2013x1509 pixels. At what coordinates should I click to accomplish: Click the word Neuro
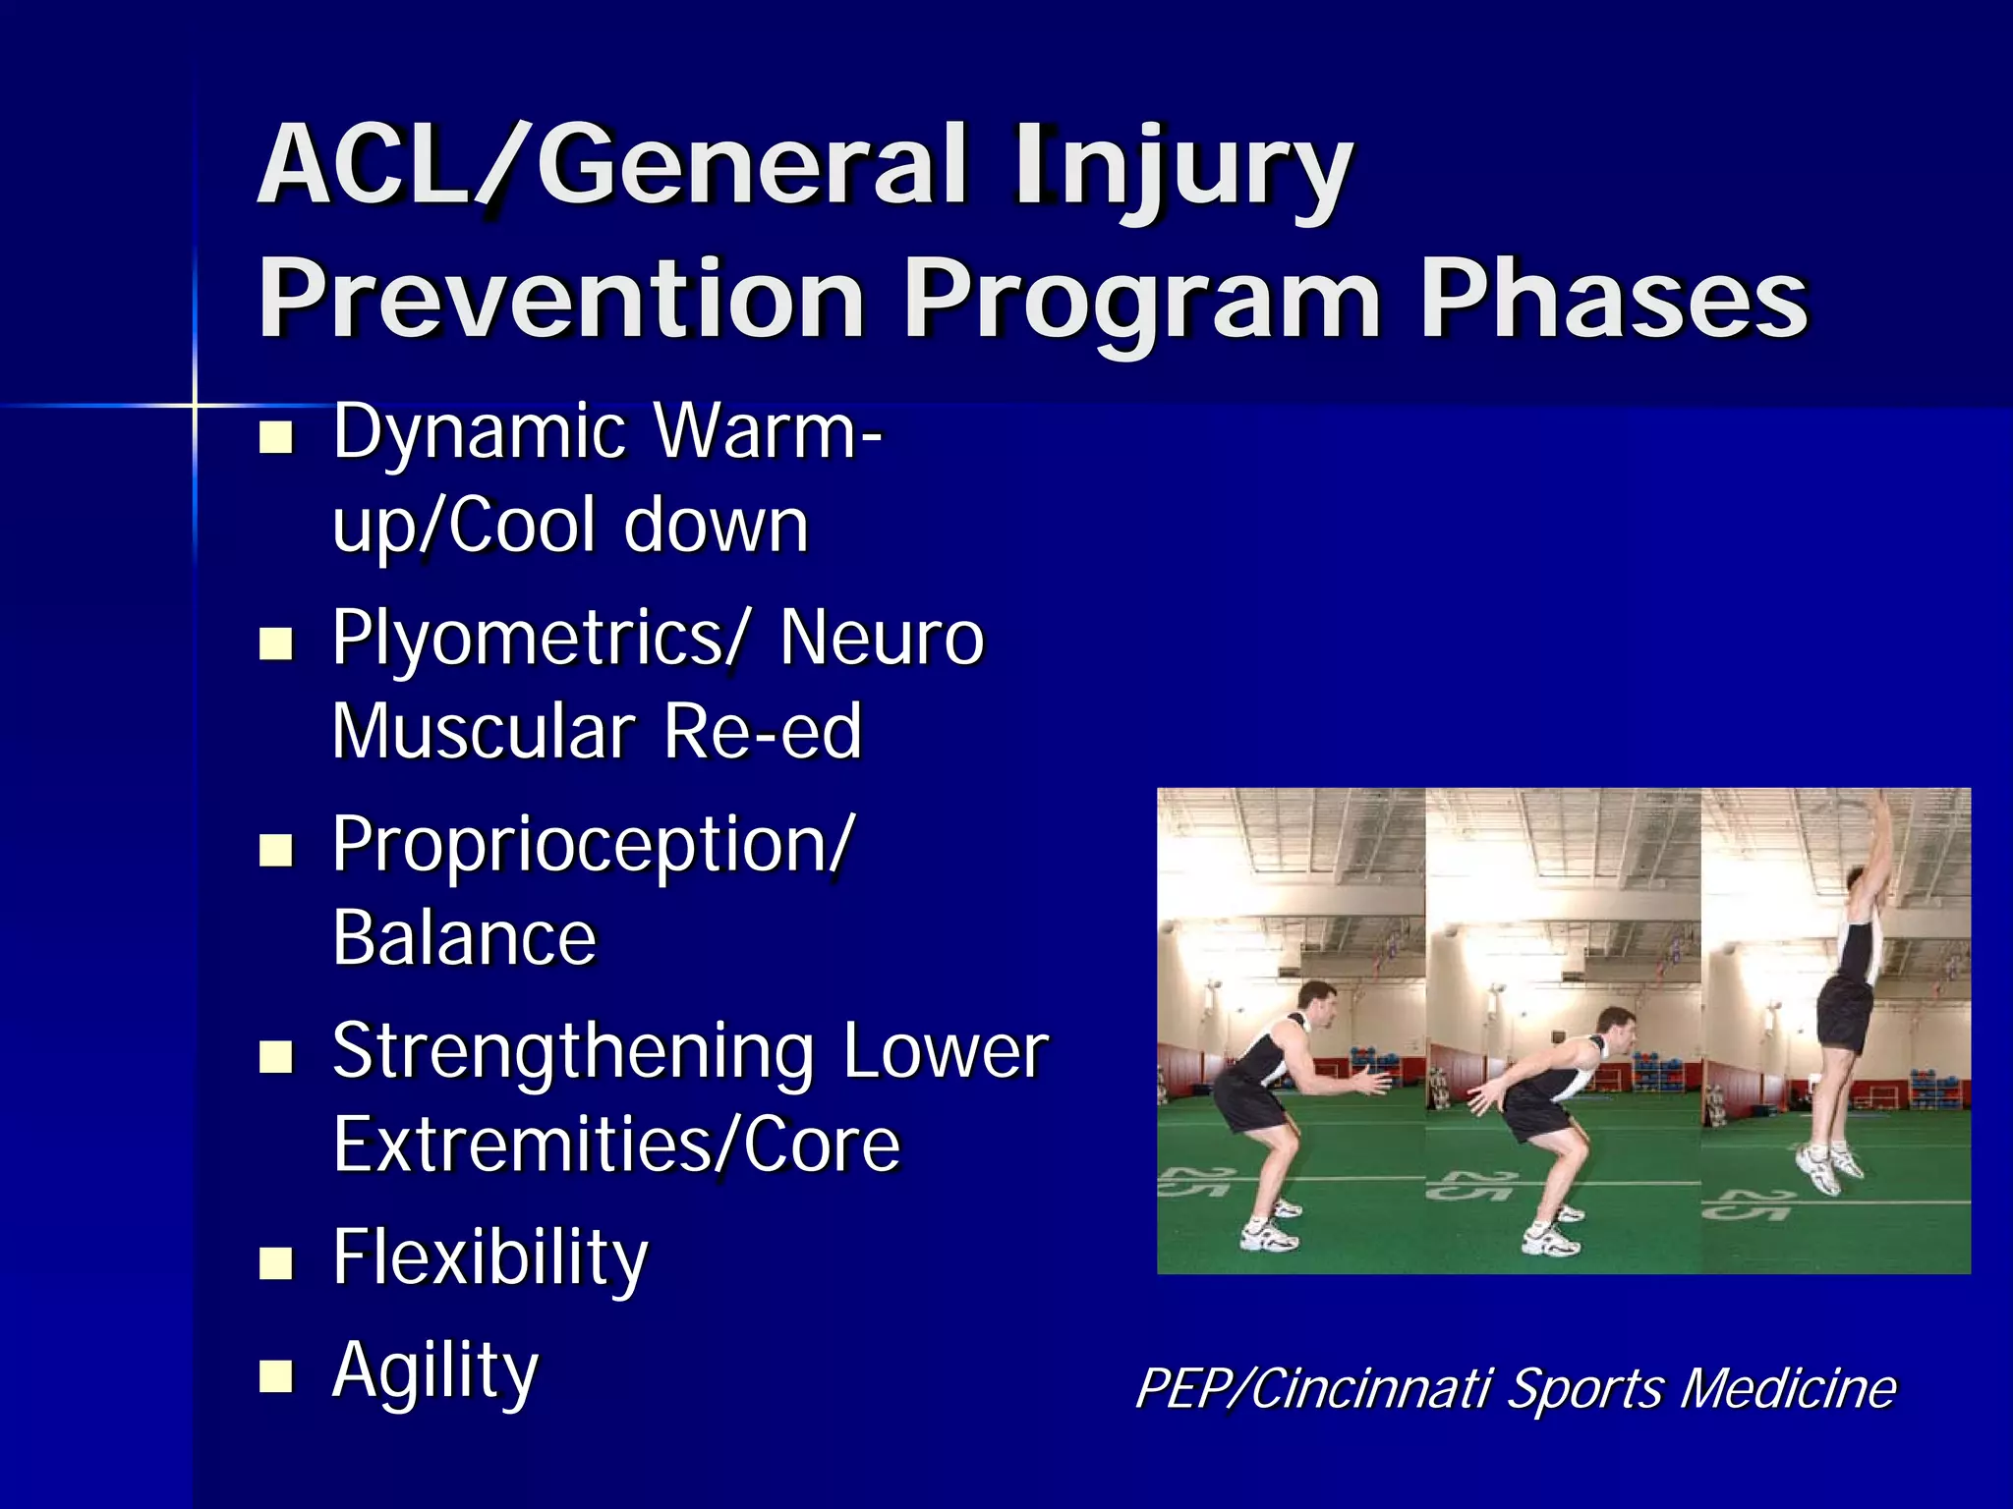pyautogui.click(x=882, y=639)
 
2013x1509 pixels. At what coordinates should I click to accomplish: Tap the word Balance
pyautogui.click(x=464, y=939)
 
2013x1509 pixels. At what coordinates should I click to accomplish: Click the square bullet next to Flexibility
pyautogui.click(x=276, y=1263)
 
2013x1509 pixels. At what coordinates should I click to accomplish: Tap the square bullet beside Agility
pyautogui.click(x=276, y=1377)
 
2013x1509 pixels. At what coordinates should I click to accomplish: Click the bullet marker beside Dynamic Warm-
pyautogui.click(x=276, y=438)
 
